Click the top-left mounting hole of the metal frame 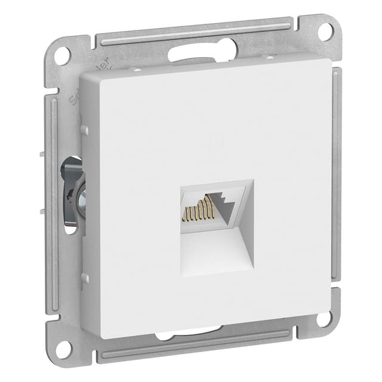click(x=61, y=55)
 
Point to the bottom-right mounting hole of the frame click(x=324, y=318)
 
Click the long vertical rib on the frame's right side click(x=338, y=173)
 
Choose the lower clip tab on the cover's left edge click(x=84, y=278)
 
